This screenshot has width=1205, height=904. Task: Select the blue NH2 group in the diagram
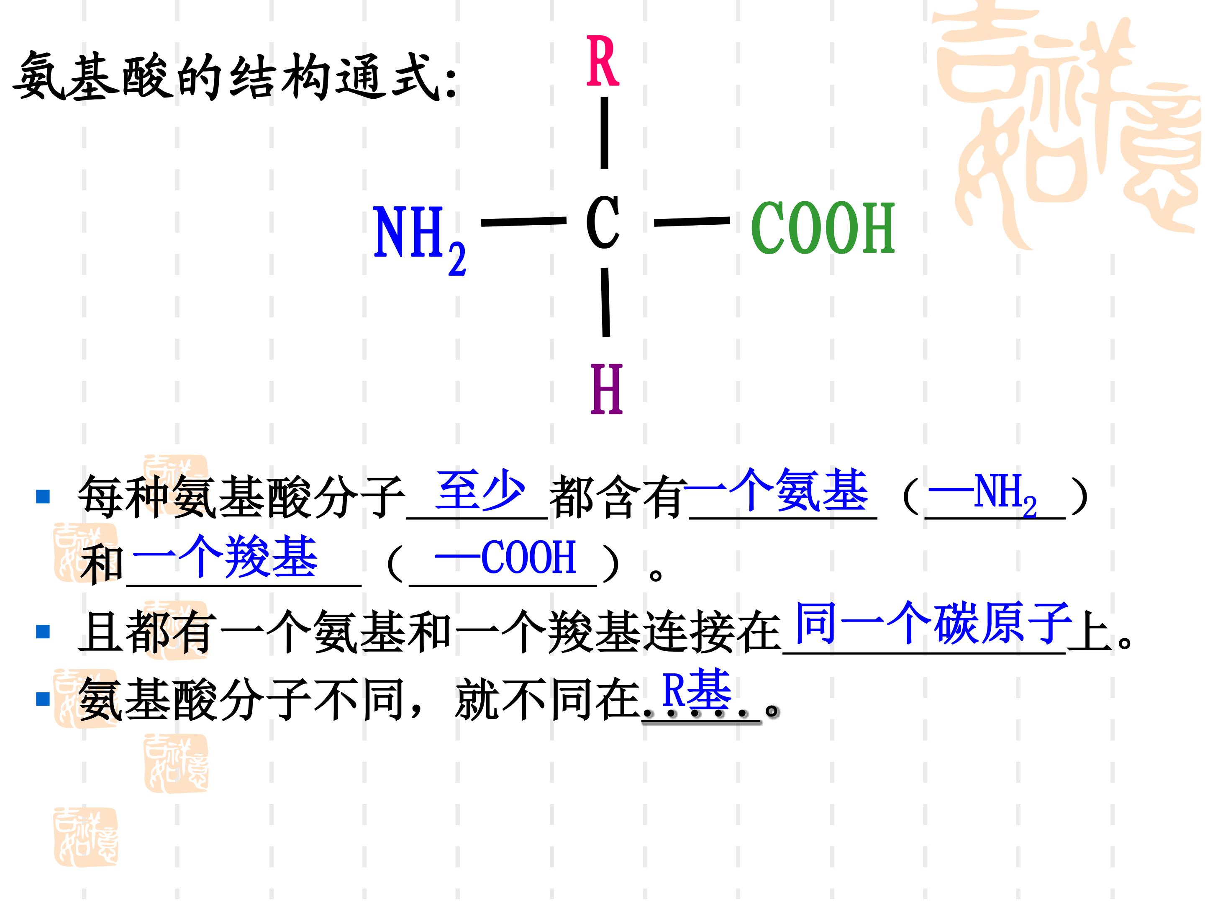pos(420,238)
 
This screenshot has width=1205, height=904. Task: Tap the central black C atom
pos(602,222)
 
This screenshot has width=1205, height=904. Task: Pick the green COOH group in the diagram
pos(823,227)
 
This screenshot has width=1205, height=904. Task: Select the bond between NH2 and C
pos(523,221)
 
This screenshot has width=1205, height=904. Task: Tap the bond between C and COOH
pos(692,221)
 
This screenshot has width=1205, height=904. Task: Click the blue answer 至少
pos(480,490)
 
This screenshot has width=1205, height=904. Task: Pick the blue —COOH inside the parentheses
pos(505,557)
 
